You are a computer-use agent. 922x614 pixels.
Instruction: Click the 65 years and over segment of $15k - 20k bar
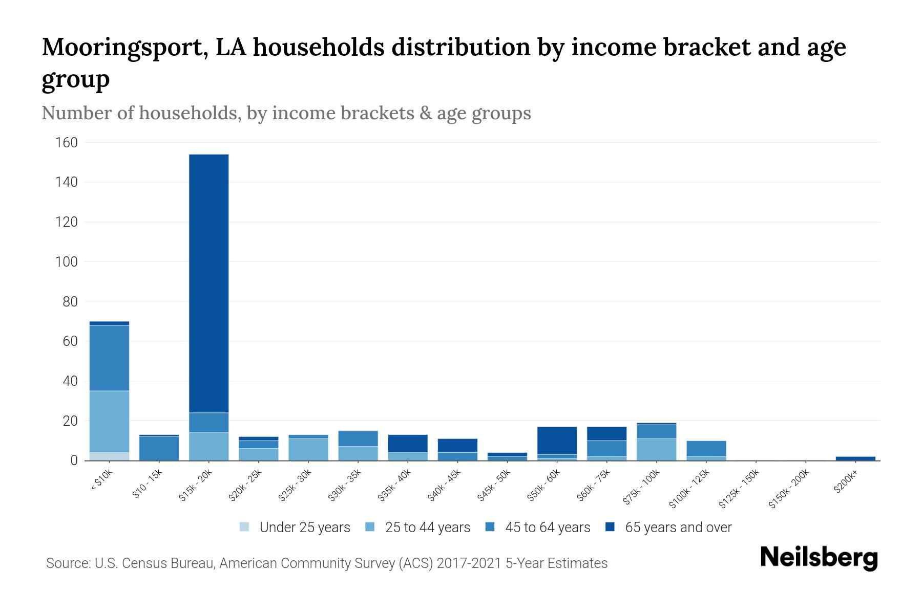(208, 283)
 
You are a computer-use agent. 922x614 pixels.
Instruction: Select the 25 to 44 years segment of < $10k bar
(109, 421)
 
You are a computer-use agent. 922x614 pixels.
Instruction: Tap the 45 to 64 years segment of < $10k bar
(109, 358)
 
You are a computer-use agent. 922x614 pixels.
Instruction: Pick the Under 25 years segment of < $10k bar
(109, 456)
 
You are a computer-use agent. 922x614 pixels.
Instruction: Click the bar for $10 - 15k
(159, 448)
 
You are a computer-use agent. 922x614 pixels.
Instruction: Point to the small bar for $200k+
(855, 458)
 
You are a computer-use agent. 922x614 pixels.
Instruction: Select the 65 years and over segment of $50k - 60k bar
(557, 440)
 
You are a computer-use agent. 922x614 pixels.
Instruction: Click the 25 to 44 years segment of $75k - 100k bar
(656, 449)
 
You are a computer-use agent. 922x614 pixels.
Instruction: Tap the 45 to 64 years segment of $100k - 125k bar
(706, 448)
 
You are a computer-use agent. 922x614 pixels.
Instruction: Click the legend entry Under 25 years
(304, 528)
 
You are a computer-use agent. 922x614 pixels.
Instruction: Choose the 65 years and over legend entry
(678, 528)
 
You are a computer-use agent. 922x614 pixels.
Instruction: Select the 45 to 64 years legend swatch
(490, 527)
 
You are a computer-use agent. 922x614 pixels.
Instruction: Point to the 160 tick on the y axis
(67, 142)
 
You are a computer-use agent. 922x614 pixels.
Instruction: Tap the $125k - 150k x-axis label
(739, 490)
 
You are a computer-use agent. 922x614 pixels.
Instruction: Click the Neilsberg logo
(819, 557)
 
